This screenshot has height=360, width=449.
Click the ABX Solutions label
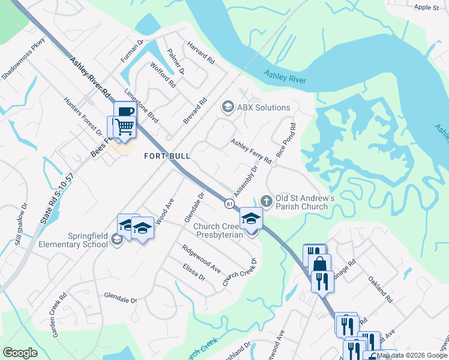pos(264,108)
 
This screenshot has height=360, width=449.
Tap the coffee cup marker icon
pos(125,112)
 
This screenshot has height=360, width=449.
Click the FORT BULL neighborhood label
pos(167,156)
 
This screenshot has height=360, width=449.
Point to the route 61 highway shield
pos(230,204)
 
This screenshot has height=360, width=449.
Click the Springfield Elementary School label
pos(56,240)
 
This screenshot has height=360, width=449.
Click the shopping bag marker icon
pos(321,263)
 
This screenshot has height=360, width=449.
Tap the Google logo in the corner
pos(20,353)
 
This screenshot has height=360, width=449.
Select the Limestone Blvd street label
pos(141,107)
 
